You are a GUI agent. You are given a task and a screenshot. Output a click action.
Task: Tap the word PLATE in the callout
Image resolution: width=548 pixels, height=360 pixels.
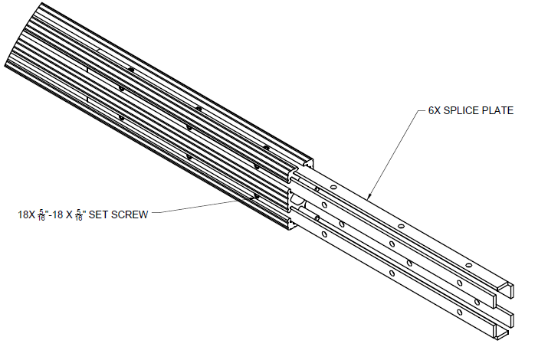[499, 111]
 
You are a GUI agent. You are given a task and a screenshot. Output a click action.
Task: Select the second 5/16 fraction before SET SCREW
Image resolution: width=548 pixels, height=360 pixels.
[80, 215]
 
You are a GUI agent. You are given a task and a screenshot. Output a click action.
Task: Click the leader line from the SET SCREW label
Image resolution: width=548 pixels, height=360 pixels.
[199, 207]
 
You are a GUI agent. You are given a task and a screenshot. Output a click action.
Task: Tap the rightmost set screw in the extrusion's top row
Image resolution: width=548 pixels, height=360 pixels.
[266, 147]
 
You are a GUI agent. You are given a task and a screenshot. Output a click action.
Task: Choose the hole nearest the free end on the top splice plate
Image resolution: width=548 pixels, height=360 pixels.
[468, 264]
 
